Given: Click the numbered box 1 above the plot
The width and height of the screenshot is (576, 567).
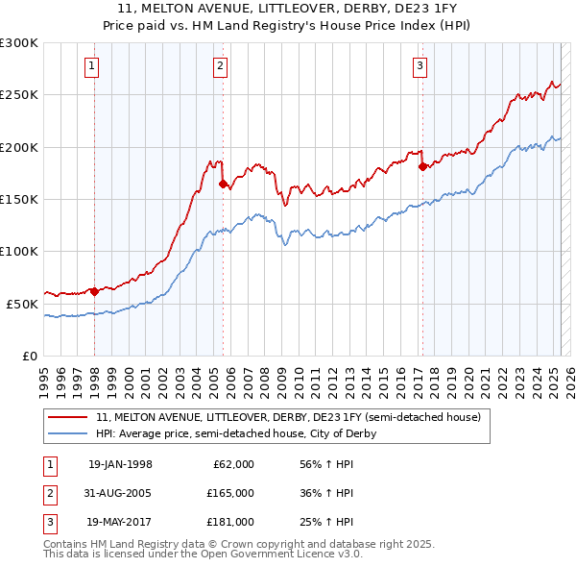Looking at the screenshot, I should tap(90, 66).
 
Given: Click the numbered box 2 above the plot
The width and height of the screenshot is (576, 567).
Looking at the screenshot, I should tap(220, 66).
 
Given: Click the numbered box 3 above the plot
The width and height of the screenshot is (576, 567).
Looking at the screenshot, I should tap(420, 66).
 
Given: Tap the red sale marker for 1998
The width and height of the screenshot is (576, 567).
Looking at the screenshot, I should tap(94, 291).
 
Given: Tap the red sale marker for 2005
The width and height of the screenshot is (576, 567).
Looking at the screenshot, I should tap(223, 184).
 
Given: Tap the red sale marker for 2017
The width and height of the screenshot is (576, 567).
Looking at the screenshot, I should tap(422, 167).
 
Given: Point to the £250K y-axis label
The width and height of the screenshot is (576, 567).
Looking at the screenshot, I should tap(19, 95).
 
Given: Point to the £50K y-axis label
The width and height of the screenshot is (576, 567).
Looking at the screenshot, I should tap(22, 304).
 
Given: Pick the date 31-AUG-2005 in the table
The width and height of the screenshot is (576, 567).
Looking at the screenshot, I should tap(120, 493).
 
